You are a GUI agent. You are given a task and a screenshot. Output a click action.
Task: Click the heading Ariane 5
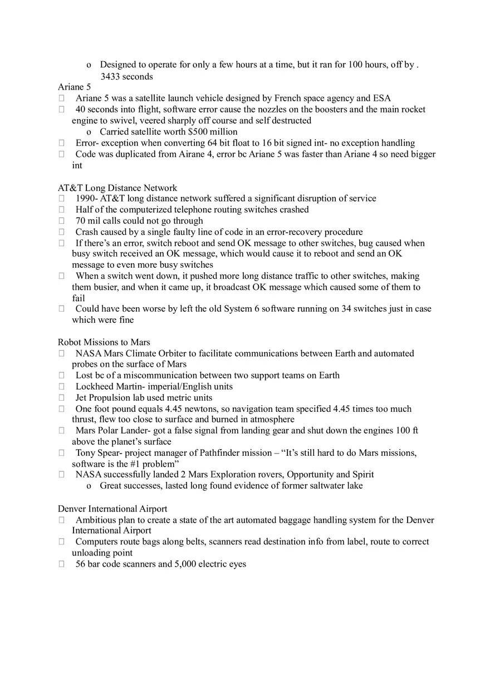pyautogui.click(x=74, y=87)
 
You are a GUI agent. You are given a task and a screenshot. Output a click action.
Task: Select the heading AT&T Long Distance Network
pyautogui.click(x=117, y=188)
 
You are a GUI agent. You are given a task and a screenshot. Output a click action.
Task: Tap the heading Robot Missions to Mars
pyautogui.click(x=104, y=342)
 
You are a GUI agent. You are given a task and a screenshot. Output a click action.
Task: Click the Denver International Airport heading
pyautogui.click(x=112, y=509)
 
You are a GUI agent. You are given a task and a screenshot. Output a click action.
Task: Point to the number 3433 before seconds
pyautogui.click(x=110, y=76)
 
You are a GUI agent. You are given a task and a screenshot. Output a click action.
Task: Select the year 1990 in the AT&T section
pyautogui.click(x=85, y=199)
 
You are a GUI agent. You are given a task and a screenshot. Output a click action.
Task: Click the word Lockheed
pyautogui.click(x=95, y=387)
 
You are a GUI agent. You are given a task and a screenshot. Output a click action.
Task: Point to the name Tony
pyautogui.click(x=86, y=453)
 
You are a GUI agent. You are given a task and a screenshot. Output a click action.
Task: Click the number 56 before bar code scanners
pyautogui.click(x=81, y=564)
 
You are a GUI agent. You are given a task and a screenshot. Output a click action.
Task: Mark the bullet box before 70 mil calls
pyautogui.click(x=61, y=221)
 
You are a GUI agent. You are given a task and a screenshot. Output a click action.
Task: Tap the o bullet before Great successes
pyautogui.click(x=89, y=486)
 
